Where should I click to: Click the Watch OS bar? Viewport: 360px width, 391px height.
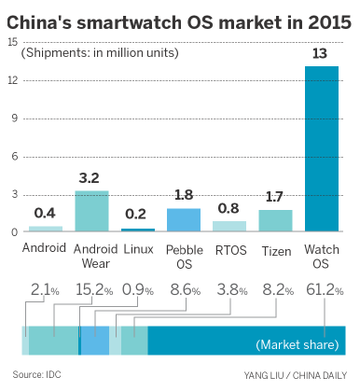(x=323, y=149)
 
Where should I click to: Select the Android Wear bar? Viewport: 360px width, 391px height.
(x=91, y=211)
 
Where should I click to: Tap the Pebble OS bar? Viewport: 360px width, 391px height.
(x=184, y=219)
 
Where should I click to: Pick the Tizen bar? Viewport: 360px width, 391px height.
(x=276, y=220)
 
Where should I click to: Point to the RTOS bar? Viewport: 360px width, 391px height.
(x=229, y=226)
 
